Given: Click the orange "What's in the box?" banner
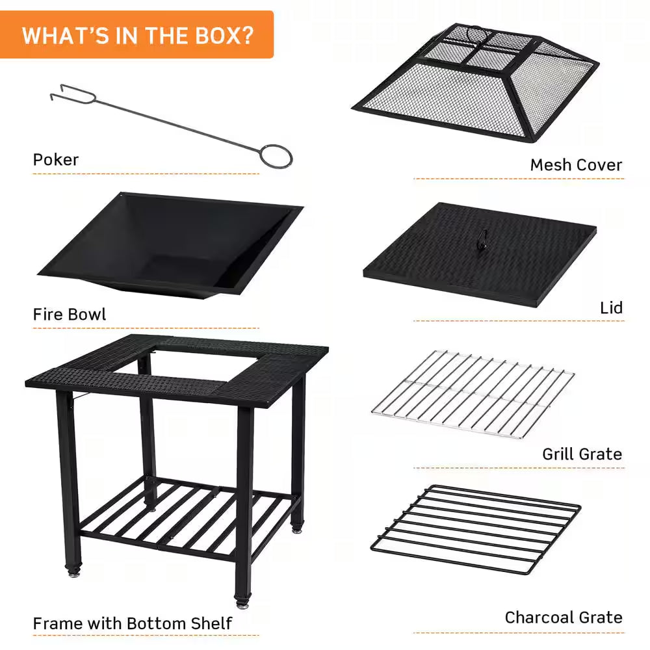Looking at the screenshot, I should pyautogui.click(x=137, y=34).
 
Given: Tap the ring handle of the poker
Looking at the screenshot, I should pyautogui.click(x=276, y=156).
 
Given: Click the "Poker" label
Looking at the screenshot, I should pyautogui.click(x=56, y=159).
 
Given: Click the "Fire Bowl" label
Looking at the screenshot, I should pyautogui.click(x=70, y=315).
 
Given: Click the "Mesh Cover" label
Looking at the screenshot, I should pyautogui.click(x=576, y=165).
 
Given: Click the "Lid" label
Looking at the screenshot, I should pyautogui.click(x=611, y=307).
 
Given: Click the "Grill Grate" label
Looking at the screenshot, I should pyautogui.click(x=582, y=454).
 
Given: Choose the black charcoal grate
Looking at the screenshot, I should pyautogui.click(x=476, y=527).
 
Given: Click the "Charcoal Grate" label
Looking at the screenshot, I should pyautogui.click(x=564, y=617).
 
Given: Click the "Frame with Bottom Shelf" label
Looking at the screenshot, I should pyautogui.click(x=133, y=623).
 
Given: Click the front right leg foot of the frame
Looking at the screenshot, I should pyautogui.click(x=244, y=601).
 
